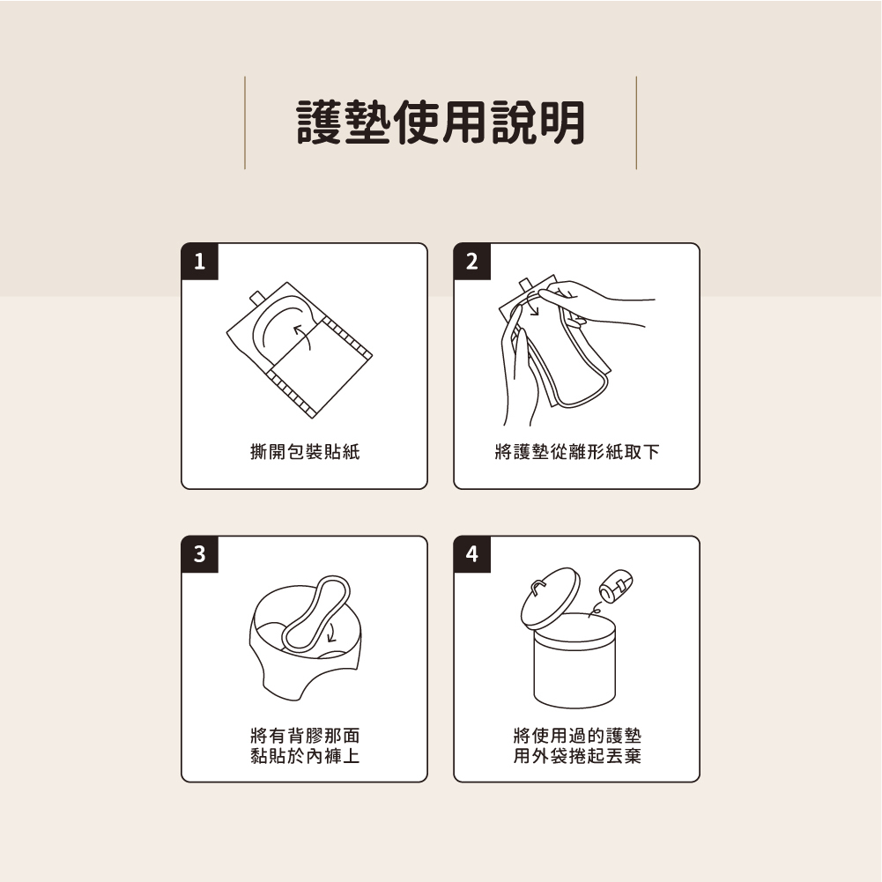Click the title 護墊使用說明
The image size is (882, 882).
[441, 122]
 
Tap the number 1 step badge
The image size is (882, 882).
[200, 262]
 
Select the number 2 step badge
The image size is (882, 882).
[472, 262]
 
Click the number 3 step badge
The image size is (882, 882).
[200, 554]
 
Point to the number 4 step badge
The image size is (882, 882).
[472, 554]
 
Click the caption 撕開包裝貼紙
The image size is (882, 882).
[305, 451]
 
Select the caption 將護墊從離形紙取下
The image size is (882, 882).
[577, 451]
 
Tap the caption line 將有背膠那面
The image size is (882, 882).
[305, 735]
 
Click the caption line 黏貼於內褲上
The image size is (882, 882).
[305, 755]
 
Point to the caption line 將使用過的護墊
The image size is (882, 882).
[577, 735]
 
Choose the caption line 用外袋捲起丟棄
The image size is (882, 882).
[577, 755]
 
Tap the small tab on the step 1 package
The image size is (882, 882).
[257, 297]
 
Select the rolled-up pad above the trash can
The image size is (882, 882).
[616, 587]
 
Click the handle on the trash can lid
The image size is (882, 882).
[538, 587]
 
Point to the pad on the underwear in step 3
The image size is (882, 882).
[316, 613]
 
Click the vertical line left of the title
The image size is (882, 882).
[245, 122]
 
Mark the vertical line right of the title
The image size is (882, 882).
[636, 122]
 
